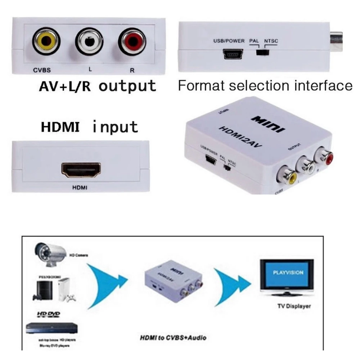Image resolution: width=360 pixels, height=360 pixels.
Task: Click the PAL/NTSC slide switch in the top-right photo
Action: pos(263,53)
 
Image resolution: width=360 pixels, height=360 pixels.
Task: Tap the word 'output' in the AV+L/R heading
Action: pos(127,86)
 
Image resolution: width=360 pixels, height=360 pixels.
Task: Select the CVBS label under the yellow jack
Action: pos(42,70)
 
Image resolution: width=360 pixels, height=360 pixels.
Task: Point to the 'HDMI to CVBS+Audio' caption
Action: pos(173,338)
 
